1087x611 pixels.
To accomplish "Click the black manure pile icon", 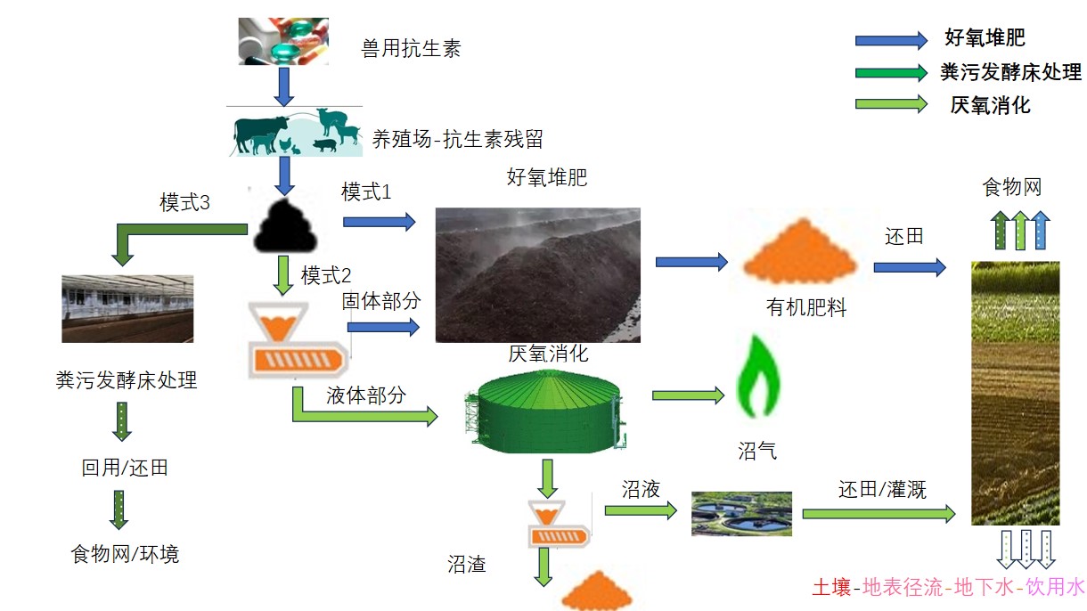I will coord(285,226).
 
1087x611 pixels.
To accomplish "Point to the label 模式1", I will coord(366,191).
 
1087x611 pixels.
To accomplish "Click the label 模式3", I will coord(184,203).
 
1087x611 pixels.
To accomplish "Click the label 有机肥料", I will coord(806,308).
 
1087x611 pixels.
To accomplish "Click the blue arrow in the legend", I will coord(890,40).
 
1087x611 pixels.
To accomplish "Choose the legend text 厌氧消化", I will coord(990,105).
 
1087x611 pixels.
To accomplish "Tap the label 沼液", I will coord(639,489).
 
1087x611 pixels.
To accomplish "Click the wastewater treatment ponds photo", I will coord(741,514).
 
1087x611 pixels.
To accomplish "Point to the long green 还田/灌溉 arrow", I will coord(879,514).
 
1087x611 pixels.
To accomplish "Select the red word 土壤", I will coord(831,588).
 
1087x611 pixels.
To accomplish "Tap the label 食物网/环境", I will coord(125,554).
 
